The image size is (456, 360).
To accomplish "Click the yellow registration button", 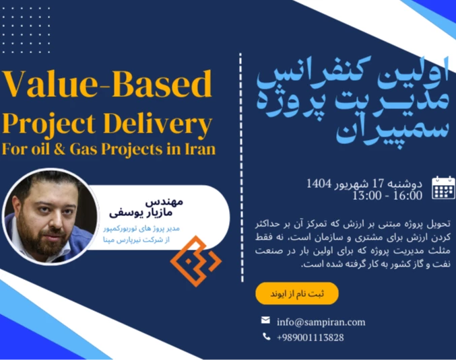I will click(x=296, y=294).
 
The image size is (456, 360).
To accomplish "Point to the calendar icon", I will click(x=443, y=188).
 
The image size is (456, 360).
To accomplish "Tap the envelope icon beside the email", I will click(x=266, y=320).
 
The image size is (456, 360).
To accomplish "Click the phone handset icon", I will click(x=266, y=336).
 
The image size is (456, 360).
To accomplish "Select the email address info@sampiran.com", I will click(x=321, y=322).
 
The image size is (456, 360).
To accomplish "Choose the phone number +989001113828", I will click(x=310, y=337).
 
